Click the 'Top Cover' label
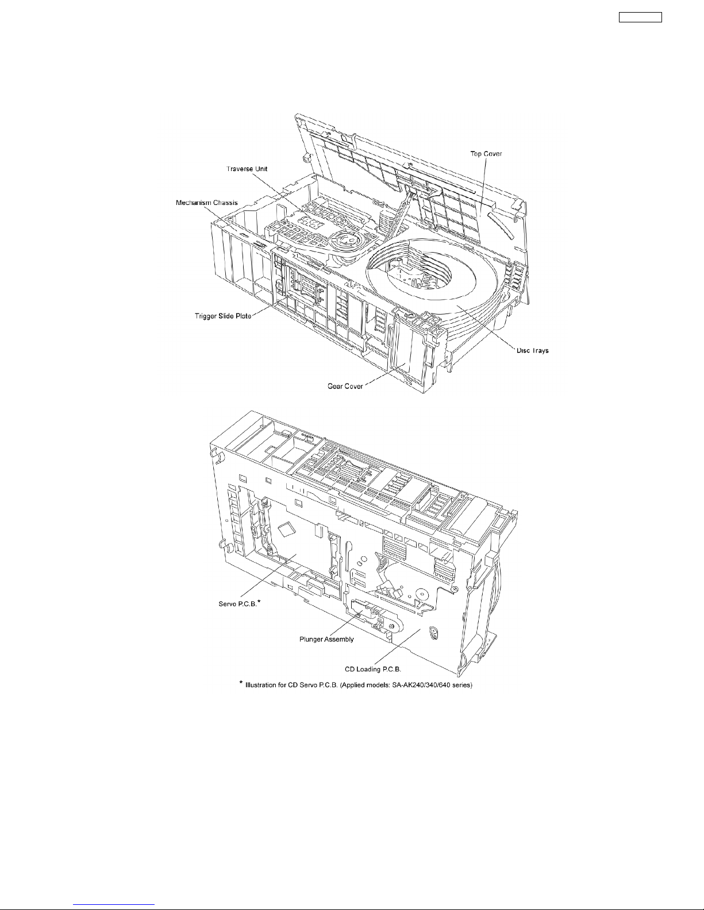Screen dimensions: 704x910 [486, 154]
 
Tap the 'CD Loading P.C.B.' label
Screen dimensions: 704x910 [375, 668]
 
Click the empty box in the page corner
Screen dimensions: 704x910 [640, 17]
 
